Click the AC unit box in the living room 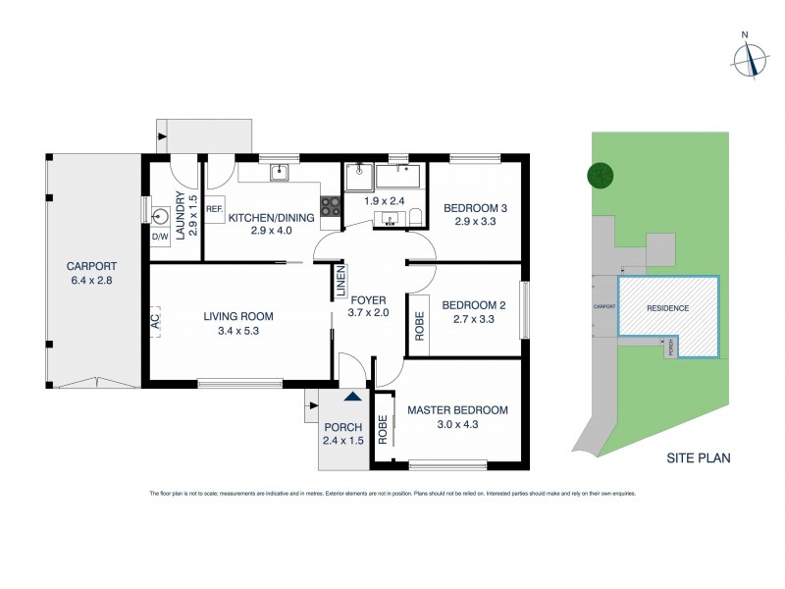[x=156, y=320]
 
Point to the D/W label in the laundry [x=159, y=237]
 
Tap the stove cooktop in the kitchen [x=332, y=207]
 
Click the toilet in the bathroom [x=415, y=216]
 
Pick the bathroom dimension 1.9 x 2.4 [x=378, y=201]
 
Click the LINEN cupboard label [x=340, y=283]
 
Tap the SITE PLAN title [x=698, y=457]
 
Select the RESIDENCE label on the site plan [x=667, y=308]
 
